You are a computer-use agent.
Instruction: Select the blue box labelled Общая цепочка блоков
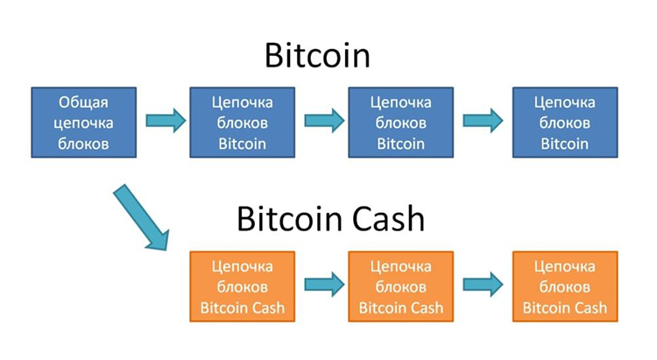click(x=84, y=122)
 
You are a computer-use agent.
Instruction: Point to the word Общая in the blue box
click(x=84, y=102)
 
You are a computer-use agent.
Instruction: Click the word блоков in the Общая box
click(x=84, y=143)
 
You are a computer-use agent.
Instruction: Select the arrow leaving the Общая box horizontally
click(x=165, y=121)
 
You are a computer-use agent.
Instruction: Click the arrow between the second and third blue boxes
click(x=323, y=121)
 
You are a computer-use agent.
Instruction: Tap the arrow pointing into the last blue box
click(x=484, y=121)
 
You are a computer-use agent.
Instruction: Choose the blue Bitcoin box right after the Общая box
click(x=243, y=122)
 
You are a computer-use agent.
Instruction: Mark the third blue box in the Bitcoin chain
click(x=401, y=122)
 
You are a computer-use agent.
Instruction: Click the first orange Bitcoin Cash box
click(x=243, y=286)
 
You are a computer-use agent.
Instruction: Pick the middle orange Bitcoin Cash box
click(x=401, y=286)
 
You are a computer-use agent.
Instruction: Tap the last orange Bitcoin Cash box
click(x=564, y=286)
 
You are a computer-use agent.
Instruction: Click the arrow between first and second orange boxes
click(x=323, y=284)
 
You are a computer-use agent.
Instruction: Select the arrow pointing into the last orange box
click(x=484, y=284)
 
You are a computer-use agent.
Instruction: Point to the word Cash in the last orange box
click(x=588, y=307)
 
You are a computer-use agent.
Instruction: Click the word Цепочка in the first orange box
click(x=243, y=265)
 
